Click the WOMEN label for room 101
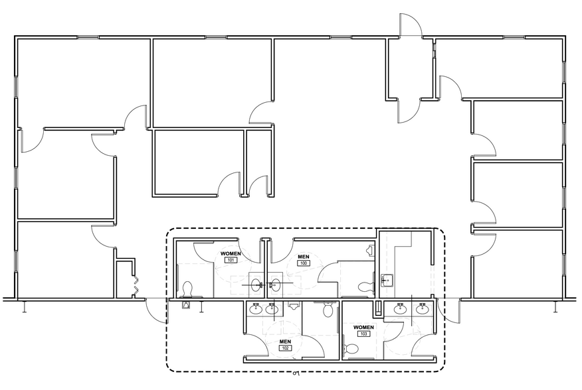coord(231,254)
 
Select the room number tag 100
coord(304,263)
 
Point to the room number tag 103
coord(363,334)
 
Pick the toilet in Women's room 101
coord(187,289)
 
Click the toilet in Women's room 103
coord(351,348)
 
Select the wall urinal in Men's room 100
coord(370,250)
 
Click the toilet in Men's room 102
coord(327,309)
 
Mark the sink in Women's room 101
coord(256,285)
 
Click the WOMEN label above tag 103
coord(363,327)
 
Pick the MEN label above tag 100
coord(304,257)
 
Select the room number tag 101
coord(231,260)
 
